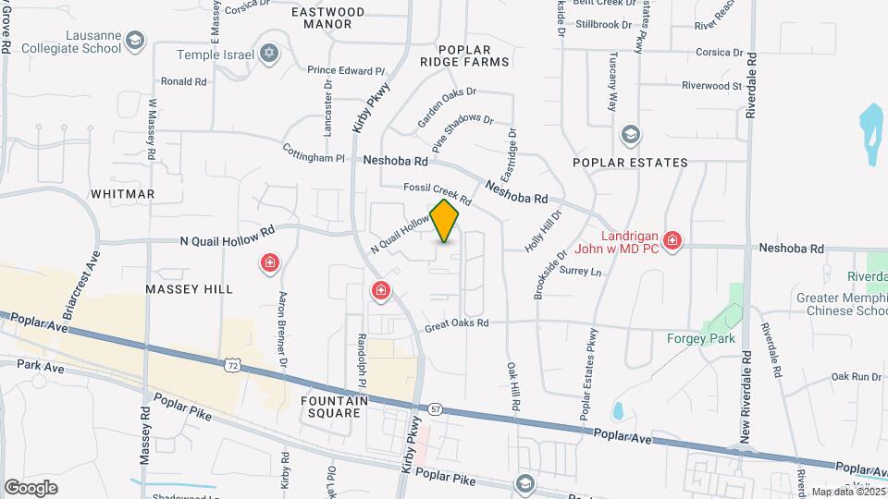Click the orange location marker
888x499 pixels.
coord(445,221)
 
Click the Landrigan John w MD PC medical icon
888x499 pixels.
coord(672,242)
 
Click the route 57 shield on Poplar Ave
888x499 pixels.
coord(435,408)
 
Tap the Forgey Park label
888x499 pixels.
coord(701,338)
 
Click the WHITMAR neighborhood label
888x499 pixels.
coord(123,194)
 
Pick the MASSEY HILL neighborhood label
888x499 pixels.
coord(189,289)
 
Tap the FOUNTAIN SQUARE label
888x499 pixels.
coord(335,407)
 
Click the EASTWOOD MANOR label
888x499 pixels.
coord(327,18)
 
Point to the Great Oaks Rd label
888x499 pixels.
coord(456,324)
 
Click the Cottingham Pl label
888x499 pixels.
coord(313,158)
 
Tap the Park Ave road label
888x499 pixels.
coord(41,367)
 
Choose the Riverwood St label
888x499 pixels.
coord(711,86)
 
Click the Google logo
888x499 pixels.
coord(31,487)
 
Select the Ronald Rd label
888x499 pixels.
coord(183,81)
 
